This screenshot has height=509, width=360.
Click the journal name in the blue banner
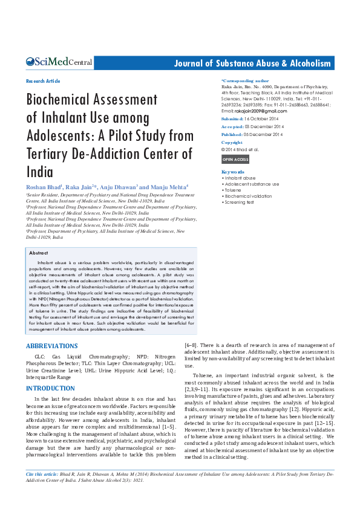click(252, 63)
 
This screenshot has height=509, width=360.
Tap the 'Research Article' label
click(43, 81)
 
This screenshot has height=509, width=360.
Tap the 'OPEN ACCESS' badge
click(235, 160)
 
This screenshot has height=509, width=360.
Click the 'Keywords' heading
click(233, 172)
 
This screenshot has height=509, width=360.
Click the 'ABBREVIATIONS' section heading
click(51, 346)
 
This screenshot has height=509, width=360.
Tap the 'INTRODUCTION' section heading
click(50, 388)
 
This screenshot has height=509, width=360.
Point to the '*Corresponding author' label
click(245, 80)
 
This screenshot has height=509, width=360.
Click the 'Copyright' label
click(232, 143)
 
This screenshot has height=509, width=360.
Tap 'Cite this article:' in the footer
click(42, 475)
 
